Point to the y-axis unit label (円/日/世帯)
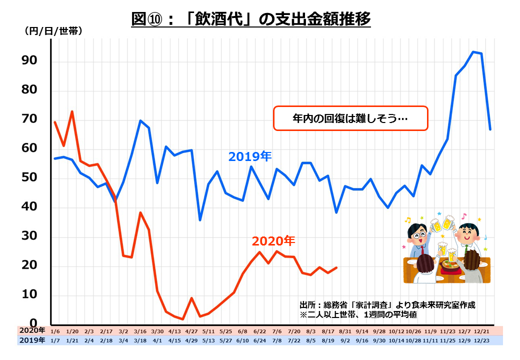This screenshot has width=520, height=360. (x=53, y=30)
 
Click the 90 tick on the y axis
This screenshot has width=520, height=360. (x=29, y=60)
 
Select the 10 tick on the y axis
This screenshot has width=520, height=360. (x=29, y=294)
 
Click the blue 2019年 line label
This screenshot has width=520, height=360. (x=249, y=156)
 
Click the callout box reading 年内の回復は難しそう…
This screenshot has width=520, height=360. (x=350, y=118)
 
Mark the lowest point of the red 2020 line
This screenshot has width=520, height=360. (x=183, y=319)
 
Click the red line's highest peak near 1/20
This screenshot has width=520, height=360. (x=72, y=111)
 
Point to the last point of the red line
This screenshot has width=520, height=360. (x=336, y=267)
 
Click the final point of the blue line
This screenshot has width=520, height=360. (x=490, y=129)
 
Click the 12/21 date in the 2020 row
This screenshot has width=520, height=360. (x=481, y=330)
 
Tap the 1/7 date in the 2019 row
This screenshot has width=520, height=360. (x=55, y=340)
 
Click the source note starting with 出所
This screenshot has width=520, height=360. (x=386, y=304)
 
